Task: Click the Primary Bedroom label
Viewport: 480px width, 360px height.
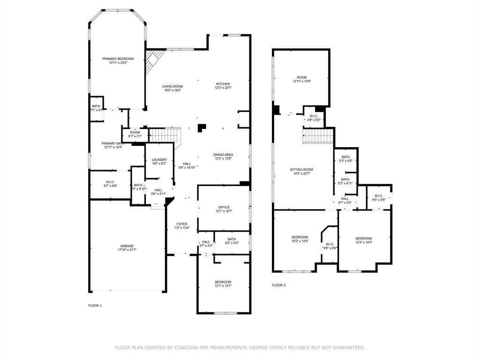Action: pyautogui.click(x=118, y=59)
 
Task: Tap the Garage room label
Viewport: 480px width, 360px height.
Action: pyautogui.click(x=127, y=246)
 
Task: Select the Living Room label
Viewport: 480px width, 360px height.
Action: pyautogui.click(x=172, y=86)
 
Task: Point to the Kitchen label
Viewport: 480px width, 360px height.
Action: pyautogui.click(x=223, y=84)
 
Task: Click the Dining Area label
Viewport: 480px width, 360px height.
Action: pyautogui.click(x=223, y=154)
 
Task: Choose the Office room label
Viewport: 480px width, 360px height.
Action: pyautogui.click(x=223, y=207)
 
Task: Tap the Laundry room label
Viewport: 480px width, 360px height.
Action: pyautogui.click(x=159, y=160)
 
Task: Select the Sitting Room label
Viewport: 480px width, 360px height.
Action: pyautogui.click(x=301, y=169)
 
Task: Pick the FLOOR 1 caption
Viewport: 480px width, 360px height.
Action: pyautogui.click(x=95, y=306)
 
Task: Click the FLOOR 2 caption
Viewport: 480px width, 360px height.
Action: pyautogui.click(x=279, y=285)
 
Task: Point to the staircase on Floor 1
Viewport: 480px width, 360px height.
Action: pyautogui.click(x=165, y=135)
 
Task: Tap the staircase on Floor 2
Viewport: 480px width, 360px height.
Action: pyautogui.click(x=318, y=136)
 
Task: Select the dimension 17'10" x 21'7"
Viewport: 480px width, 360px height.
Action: pyautogui.click(x=127, y=250)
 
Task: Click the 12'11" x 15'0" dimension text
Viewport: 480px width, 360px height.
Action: pyautogui.click(x=301, y=82)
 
